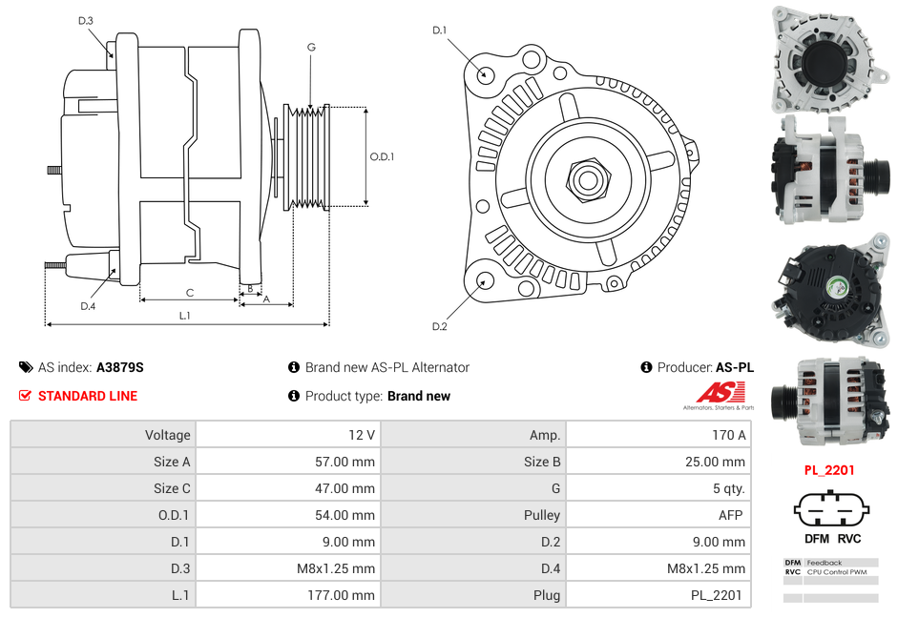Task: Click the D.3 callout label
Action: click(x=86, y=20)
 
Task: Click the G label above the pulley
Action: click(x=311, y=47)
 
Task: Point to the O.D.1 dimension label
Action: click(x=382, y=156)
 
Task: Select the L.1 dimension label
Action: click(x=185, y=315)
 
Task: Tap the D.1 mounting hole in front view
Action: click(x=484, y=73)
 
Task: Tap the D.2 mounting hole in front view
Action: click(x=484, y=280)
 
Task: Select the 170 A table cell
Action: click(x=658, y=435)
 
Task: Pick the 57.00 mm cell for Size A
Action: click(x=288, y=462)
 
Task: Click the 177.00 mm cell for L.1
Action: click(x=288, y=595)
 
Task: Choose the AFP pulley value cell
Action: click(x=658, y=515)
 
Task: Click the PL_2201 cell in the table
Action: click(x=658, y=595)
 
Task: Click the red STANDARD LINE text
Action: click(x=87, y=396)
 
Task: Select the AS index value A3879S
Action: click(x=119, y=367)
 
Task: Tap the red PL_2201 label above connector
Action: click(x=828, y=470)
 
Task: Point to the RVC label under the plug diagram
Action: click(x=849, y=538)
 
